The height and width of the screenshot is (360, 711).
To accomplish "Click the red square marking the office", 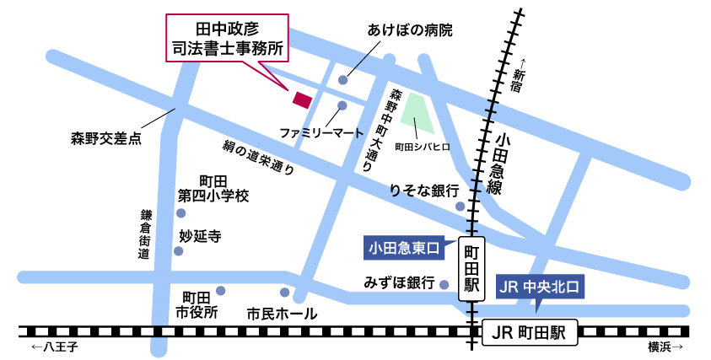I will click(301, 99).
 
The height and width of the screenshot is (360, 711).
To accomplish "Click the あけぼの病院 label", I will click(410, 31).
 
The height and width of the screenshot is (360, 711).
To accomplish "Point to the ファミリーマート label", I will click(321, 133).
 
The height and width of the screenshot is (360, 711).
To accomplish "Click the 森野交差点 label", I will click(105, 137).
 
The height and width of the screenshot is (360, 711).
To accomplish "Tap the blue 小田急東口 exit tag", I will click(404, 248).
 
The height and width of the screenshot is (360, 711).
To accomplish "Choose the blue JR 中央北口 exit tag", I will click(541, 287).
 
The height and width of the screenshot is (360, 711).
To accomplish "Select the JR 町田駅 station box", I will click(531, 332).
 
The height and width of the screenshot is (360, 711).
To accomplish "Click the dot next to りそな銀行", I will click(460, 206).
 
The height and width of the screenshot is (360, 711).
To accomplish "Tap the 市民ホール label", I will click(282, 314).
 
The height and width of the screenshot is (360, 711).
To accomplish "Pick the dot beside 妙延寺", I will click(178, 250).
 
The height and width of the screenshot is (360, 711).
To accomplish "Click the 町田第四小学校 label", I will click(213, 189).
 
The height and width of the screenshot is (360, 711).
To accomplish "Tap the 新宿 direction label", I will click(519, 76).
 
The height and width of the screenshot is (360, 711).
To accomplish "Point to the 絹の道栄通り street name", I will click(258, 156).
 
